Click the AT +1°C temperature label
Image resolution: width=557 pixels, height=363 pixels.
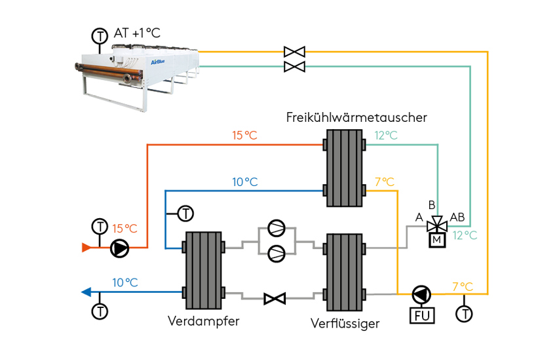click(x=137, y=33)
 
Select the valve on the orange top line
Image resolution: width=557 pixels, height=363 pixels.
click(x=294, y=51)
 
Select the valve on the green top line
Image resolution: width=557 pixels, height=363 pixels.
click(x=294, y=66)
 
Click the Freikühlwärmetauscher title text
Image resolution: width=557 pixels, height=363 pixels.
click(x=356, y=117)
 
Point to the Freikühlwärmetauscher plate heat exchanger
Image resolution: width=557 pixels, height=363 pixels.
click(x=344, y=167)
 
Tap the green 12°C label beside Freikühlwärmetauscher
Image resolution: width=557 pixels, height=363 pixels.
click(x=386, y=136)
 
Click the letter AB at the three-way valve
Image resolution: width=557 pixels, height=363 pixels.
click(x=457, y=217)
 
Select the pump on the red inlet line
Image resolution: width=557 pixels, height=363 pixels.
click(x=120, y=248)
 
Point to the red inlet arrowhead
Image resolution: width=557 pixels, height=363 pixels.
click(x=86, y=248)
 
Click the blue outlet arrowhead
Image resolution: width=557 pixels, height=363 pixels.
click(x=86, y=292)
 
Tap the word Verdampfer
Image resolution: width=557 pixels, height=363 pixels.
click(x=203, y=321)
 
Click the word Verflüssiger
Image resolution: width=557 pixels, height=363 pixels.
click(x=345, y=323)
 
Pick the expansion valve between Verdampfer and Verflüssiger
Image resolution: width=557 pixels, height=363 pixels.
click(x=274, y=299)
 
